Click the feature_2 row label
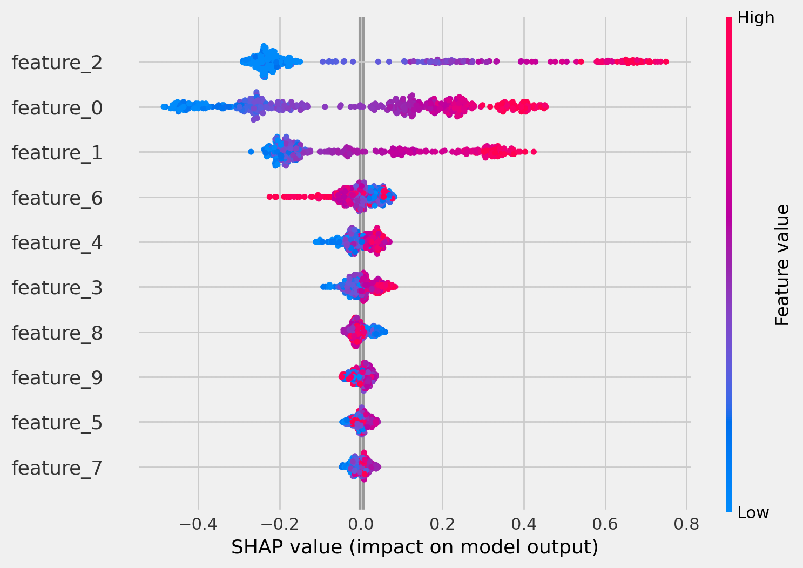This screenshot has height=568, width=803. point(57,63)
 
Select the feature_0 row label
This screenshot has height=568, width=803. point(57,108)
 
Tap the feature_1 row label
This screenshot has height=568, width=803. point(57,153)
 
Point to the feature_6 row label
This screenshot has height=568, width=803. point(57,198)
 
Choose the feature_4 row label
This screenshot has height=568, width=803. point(57,243)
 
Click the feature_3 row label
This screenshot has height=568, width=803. point(57,288)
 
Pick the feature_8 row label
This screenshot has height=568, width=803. point(57,333)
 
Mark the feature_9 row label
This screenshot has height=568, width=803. point(57,378)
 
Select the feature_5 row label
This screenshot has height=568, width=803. point(57,423)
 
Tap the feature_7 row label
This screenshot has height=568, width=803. point(57,468)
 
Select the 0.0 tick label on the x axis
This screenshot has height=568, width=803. point(361,524)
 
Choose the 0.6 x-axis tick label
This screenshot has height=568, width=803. point(605,524)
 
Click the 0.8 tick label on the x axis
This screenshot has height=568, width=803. point(686,524)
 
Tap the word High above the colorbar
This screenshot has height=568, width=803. point(756,18)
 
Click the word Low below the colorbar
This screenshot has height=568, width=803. point(753,513)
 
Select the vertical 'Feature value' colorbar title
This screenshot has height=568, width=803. point(782,265)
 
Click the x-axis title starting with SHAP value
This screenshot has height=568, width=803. point(415,547)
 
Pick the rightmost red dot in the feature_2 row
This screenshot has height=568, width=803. point(666,62)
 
